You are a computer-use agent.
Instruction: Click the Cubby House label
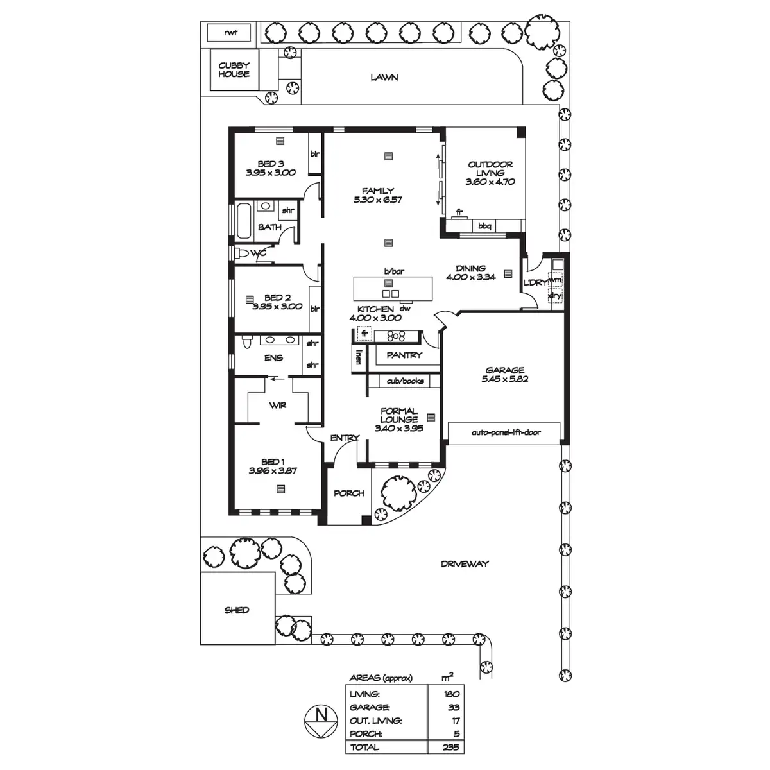point(234,69)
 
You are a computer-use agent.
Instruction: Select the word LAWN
point(384,78)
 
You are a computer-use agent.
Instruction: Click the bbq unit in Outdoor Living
point(484,225)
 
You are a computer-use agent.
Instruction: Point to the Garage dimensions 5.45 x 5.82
point(504,379)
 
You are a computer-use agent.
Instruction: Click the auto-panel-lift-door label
point(506,432)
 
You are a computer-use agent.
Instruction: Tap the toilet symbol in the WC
point(241,253)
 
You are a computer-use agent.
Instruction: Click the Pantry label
point(404,355)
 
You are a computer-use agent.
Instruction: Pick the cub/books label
point(405,381)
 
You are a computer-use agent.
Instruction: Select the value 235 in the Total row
point(450,747)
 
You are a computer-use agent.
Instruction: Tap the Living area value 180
point(451,694)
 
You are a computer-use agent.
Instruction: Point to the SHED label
point(236,610)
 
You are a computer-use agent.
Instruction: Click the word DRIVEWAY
point(465,564)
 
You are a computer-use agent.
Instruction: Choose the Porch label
point(348,493)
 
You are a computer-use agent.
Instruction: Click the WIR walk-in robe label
point(278,406)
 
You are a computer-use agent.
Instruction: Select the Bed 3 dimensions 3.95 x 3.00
point(270,173)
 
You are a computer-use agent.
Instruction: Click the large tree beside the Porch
point(398,493)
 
